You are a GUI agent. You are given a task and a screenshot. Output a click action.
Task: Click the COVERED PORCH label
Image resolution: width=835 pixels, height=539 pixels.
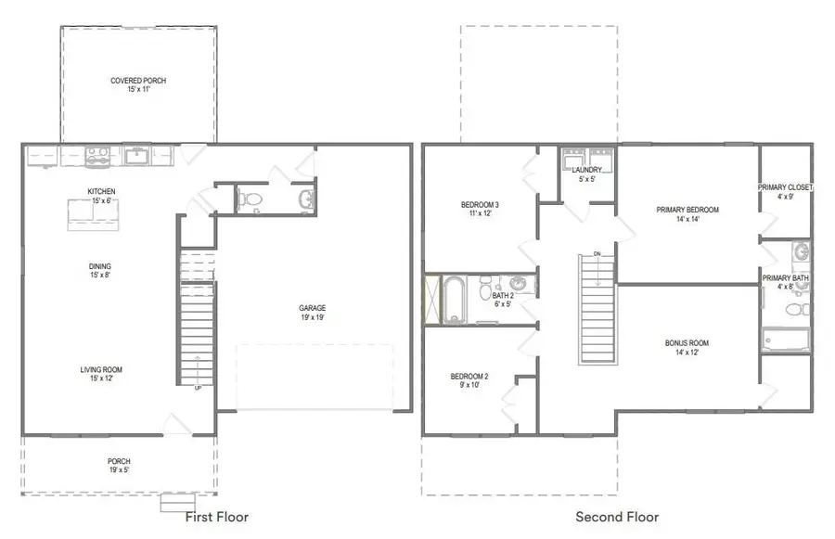(x=138, y=81)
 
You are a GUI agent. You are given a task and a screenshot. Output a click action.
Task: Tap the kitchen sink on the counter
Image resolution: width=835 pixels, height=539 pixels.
(x=138, y=156)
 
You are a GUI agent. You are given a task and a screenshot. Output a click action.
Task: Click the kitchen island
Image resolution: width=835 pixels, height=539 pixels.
(x=93, y=216)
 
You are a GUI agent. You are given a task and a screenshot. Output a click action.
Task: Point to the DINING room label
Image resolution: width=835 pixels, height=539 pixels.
(x=100, y=266)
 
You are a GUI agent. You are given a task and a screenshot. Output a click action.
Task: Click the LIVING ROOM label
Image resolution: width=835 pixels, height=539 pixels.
(x=100, y=370)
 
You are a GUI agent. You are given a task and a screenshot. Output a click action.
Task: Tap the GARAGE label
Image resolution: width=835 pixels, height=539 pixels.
(x=312, y=308)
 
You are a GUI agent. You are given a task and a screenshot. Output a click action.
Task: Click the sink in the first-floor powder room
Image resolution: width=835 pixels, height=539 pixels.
(x=307, y=198)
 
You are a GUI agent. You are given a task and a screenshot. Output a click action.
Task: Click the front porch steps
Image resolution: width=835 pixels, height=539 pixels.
(x=178, y=503)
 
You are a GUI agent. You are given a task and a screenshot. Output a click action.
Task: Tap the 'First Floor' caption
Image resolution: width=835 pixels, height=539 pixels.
(x=217, y=517)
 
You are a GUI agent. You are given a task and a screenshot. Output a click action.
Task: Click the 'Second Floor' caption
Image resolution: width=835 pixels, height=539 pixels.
(x=617, y=517)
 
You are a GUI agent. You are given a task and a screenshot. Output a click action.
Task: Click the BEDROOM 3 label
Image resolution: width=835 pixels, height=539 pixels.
(x=480, y=205)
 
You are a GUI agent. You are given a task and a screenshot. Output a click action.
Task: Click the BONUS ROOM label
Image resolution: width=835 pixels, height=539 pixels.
(x=687, y=343)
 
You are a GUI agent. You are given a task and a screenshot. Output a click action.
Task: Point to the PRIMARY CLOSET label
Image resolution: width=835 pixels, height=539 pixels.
(x=785, y=187)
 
